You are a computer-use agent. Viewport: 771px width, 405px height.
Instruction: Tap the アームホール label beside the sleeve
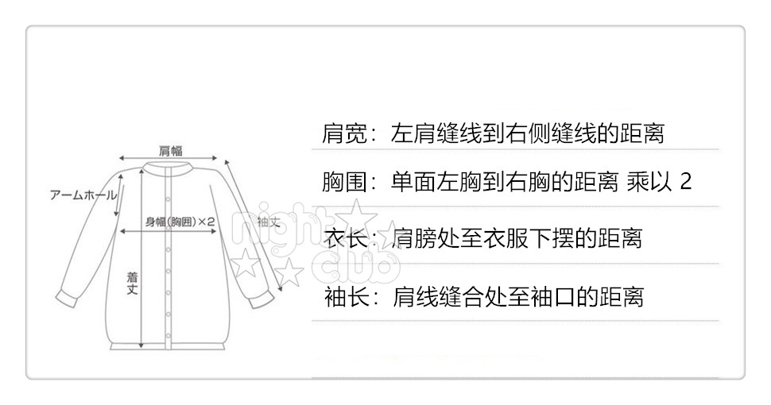point(83,195)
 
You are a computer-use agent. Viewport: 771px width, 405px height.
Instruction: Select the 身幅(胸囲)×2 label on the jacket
point(181,222)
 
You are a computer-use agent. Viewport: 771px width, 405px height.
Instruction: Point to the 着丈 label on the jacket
point(133,282)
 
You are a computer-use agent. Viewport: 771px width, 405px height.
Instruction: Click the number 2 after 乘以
point(686,182)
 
